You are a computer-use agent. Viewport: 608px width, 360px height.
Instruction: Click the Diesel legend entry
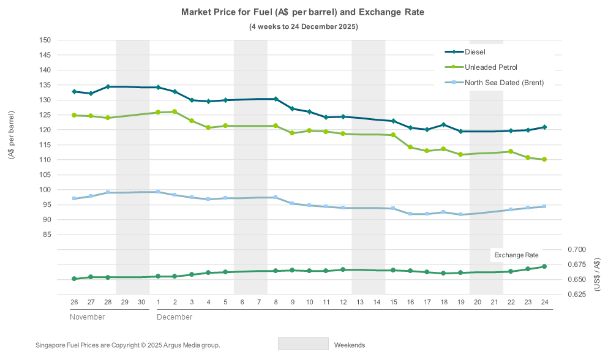475,52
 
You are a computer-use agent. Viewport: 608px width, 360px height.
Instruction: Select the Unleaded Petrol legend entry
490,67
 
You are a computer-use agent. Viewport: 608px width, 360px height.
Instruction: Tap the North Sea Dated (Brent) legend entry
503,83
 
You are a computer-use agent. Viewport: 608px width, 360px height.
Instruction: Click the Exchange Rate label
516,255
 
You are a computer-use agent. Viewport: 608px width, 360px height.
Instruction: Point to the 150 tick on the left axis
45,40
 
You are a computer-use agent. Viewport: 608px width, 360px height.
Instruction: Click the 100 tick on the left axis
45,190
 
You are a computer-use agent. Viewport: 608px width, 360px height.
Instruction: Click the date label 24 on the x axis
544,302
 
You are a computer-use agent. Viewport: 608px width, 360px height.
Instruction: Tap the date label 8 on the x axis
276,302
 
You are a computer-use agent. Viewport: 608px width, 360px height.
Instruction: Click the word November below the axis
87,317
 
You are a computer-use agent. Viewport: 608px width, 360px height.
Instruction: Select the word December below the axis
175,317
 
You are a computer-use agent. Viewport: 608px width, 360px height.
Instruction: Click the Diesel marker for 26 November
74,92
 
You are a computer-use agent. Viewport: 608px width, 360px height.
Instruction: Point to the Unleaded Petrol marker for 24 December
544,159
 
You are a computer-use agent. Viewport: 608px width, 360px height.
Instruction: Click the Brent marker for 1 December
158,192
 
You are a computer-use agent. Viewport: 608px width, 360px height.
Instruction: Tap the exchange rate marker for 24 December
544,266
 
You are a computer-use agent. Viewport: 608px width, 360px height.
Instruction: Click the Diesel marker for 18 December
443,125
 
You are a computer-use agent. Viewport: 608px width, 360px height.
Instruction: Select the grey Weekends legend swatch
303,344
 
